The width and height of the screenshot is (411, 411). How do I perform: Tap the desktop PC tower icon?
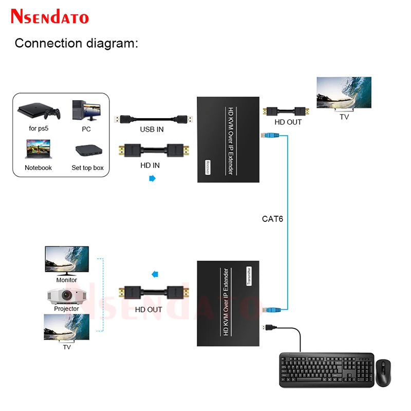click(x=86, y=110)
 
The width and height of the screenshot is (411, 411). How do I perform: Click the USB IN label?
click(x=152, y=129)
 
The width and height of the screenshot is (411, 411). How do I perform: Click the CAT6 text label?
click(x=272, y=218)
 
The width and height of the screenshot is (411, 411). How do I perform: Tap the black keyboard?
click(x=324, y=369)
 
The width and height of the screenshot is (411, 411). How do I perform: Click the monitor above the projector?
click(x=67, y=261)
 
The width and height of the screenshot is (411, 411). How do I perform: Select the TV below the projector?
click(x=67, y=328)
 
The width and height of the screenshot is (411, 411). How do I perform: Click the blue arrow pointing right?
click(x=152, y=178)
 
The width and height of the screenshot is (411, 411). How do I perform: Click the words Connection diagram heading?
click(x=77, y=43)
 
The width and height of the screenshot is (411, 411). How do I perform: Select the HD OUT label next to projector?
click(x=148, y=309)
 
